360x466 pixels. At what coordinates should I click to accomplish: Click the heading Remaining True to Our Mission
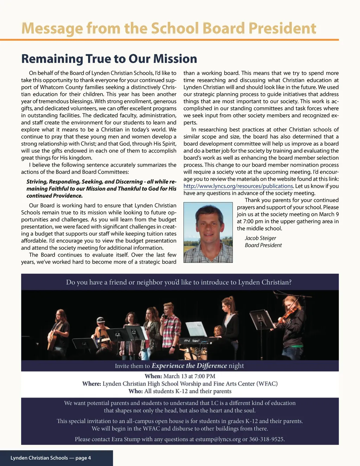109,58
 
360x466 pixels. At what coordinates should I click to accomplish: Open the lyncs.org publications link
238,186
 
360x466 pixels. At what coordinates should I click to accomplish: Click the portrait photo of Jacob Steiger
208,232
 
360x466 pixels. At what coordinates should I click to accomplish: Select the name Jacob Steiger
260,238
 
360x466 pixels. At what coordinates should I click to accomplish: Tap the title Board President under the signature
263,245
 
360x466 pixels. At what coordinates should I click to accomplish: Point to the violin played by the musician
288,314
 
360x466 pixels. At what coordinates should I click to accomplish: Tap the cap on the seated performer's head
101,320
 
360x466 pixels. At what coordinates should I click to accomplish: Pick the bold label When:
153,376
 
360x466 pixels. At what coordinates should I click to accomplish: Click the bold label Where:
92,383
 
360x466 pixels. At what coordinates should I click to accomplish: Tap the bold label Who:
136,391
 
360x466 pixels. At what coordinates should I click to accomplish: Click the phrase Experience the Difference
189,366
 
